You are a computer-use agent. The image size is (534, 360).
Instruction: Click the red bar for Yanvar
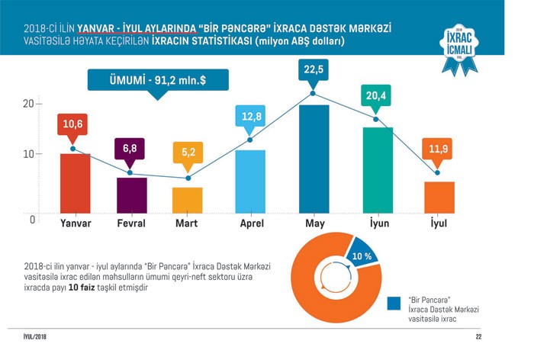click(75, 183)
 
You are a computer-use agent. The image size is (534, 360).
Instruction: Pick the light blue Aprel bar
click(250, 181)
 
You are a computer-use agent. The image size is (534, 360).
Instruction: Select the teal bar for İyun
click(377, 169)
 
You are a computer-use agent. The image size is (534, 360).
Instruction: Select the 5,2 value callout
click(187, 152)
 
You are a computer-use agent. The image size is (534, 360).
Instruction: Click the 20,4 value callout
click(375, 97)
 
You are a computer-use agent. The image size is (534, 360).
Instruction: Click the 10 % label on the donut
click(362, 256)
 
